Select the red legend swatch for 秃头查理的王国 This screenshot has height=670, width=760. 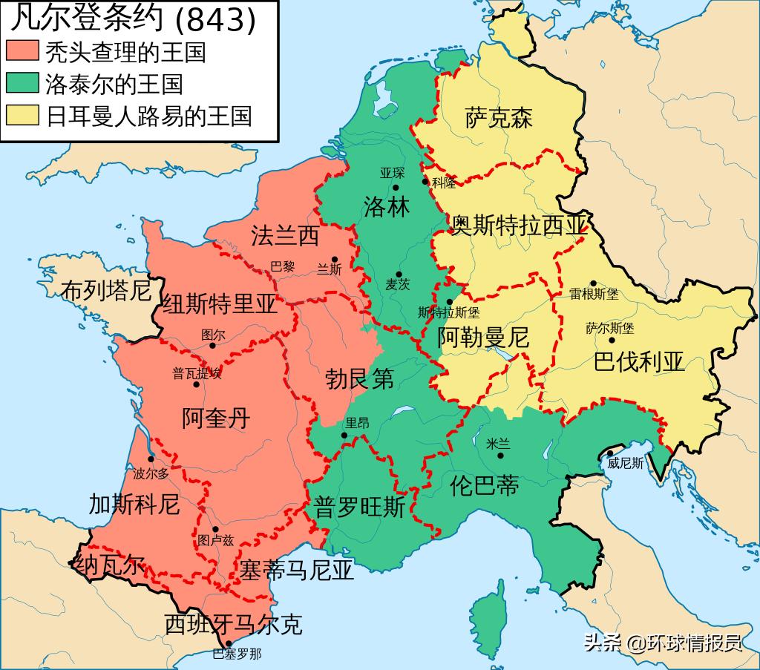click(x=22, y=52)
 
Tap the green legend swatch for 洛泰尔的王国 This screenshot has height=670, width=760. click(x=22, y=83)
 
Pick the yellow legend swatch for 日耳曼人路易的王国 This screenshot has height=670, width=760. click(x=22, y=115)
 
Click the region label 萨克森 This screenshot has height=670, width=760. click(x=499, y=118)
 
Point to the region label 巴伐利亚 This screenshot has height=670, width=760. click(x=639, y=362)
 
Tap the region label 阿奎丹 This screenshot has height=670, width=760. click(x=216, y=418)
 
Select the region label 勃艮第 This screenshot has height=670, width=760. click(x=360, y=379)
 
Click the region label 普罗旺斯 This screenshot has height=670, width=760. click(x=360, y=507)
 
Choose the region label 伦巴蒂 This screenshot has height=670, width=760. click(x=485, y=485)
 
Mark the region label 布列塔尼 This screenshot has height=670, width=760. click(x=106, y=289)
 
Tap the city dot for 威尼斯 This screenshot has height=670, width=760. click(x=610, y=453)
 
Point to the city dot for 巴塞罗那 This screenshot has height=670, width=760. click(x=229, y=643)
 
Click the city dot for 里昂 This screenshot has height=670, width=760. click(x=344, y=435)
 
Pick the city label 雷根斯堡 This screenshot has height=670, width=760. click(x=594, y=295)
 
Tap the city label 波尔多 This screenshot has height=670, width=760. click(x=151, y=473)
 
